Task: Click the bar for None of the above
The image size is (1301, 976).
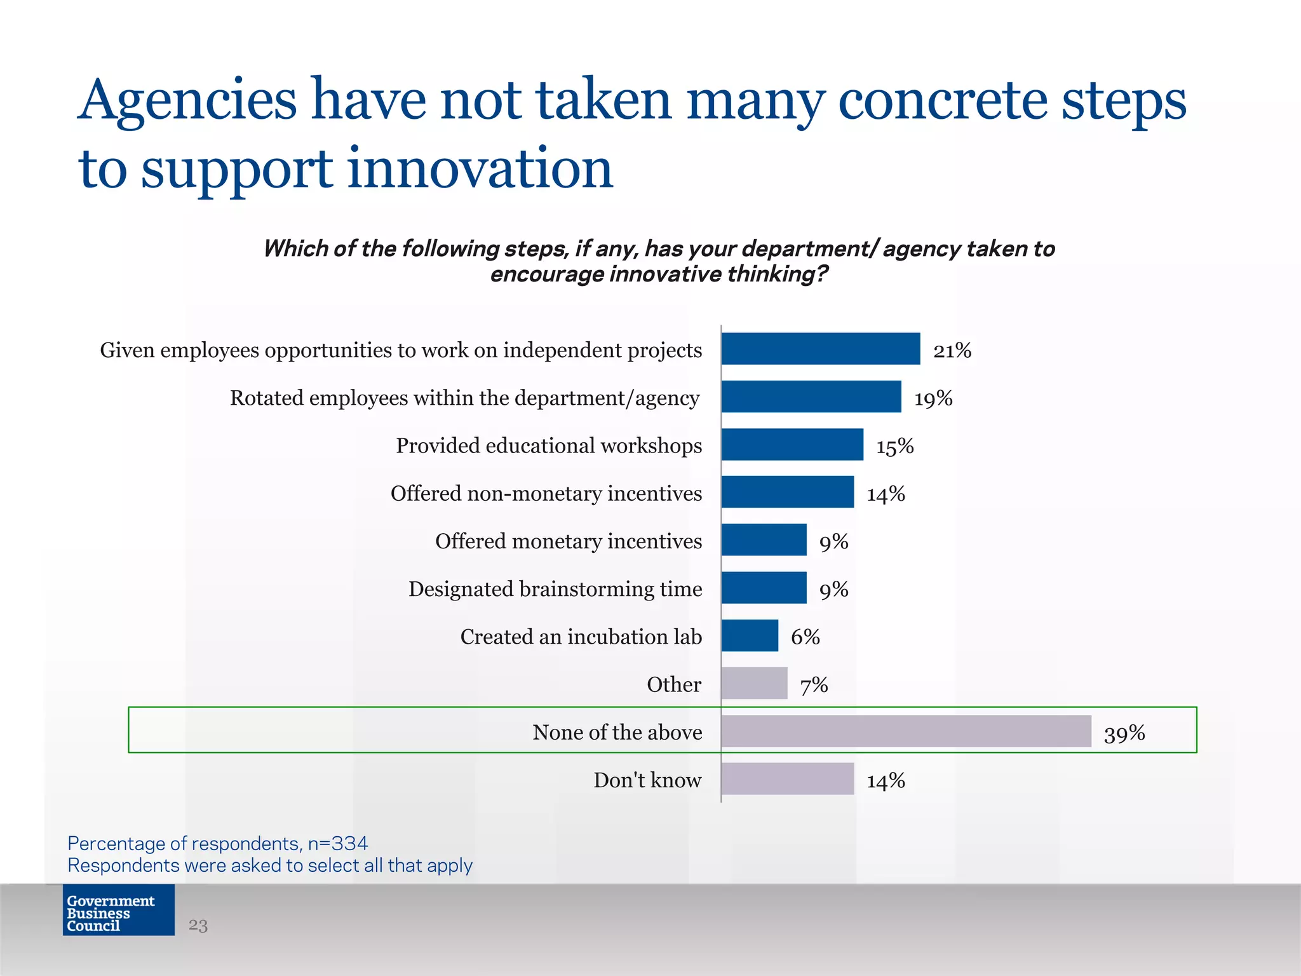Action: click(906, 731)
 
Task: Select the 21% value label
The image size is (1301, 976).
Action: click(952, 350)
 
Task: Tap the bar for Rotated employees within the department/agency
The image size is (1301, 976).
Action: click(811, 396)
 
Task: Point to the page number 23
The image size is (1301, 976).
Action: click(198, 925)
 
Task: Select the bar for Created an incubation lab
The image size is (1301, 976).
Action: click(750, 635)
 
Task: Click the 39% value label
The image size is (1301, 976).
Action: click(1124, 733)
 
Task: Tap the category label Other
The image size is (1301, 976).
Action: click(673, 684)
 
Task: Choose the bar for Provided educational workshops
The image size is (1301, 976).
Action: click(792, 444)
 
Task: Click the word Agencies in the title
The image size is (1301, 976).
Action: click(188, 100)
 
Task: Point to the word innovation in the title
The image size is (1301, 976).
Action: click(480, 169)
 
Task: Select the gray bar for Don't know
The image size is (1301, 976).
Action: click(788, 778)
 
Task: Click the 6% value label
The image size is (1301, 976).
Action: click(805, 637)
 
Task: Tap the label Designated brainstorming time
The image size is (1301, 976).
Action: click(555, 589)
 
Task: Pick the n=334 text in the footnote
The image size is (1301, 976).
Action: click(337, 843)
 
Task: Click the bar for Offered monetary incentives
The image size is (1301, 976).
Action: click(764, 539)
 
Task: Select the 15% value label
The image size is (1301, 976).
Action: click(894, 446)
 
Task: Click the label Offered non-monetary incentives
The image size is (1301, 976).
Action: click(546, 493)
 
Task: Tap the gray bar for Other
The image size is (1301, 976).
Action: click(754, 683)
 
